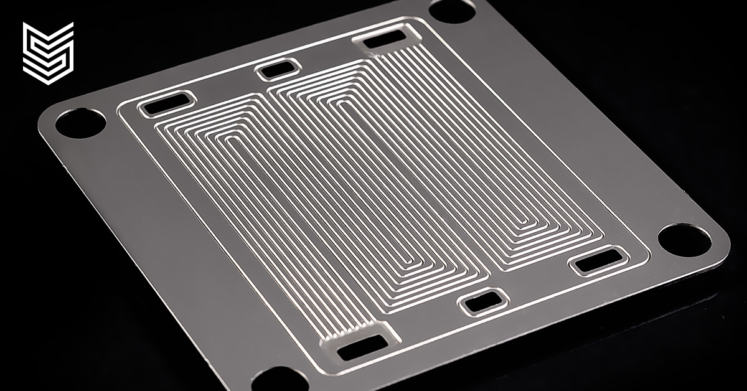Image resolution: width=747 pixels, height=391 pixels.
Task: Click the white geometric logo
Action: (x=48, y=52)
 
